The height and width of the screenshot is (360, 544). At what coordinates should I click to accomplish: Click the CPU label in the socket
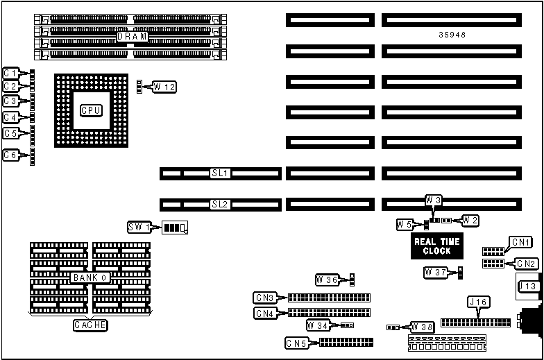[92, 110]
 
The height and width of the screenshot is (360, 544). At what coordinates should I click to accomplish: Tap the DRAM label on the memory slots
[132, 36]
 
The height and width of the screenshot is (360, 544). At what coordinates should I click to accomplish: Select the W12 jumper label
[164, 87]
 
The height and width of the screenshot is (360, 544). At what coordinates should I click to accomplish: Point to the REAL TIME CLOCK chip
[432, 246]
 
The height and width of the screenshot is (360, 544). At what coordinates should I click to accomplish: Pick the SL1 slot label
[221, 173]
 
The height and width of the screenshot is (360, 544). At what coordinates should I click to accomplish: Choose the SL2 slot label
[221, 205]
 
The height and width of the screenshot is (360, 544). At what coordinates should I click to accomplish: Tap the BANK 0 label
[90, 277]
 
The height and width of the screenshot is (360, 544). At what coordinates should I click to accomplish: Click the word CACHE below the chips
[90, 324]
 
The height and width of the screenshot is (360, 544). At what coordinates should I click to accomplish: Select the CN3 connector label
[265, 298]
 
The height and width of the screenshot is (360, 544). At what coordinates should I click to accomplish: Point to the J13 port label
[527, 286]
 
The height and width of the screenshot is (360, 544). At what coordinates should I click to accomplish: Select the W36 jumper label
[327, 280]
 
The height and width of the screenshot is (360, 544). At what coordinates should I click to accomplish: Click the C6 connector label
[10, 155]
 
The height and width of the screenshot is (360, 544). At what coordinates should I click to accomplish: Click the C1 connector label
[10, 73]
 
